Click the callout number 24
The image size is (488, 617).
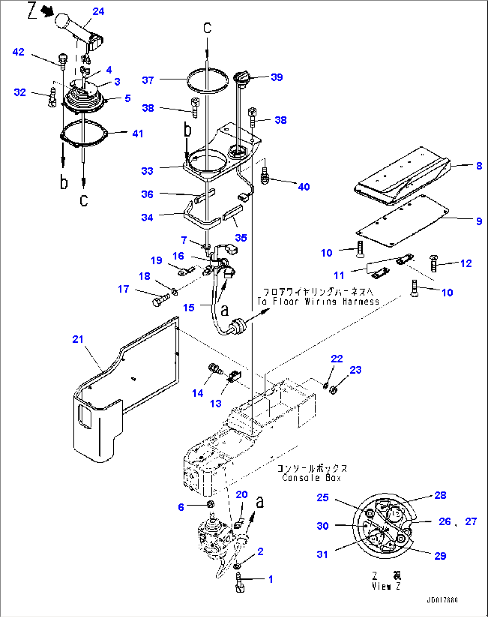[x=98, y=11]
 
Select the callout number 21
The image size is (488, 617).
[x=78, y=339]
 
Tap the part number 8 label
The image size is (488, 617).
[x=479, y=165]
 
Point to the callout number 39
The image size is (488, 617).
[x=277, y=77]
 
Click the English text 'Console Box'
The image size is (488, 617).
[x=312, y=478]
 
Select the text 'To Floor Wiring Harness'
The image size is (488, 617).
[x=318, y=302]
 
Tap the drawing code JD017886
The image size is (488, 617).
[x=442, y=600]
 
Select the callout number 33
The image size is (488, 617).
[x=147, y=171]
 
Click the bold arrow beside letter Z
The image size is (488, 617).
[x=47, y=13]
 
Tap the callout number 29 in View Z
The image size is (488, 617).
[x=440, y=556]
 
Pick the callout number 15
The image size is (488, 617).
[x=188, y=307]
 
